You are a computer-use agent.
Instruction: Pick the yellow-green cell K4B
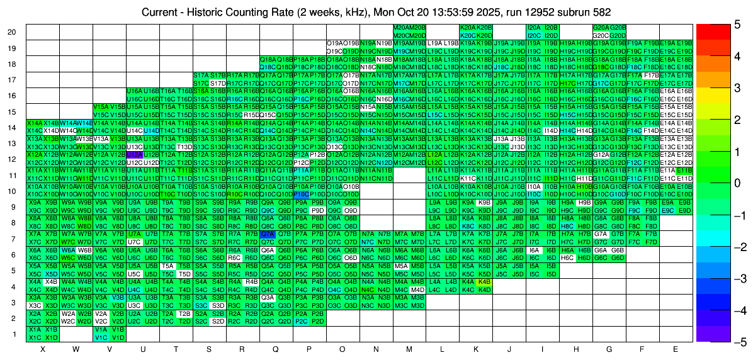click(x=484, y=281)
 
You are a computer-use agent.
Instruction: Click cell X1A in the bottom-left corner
click(x=35, y=329)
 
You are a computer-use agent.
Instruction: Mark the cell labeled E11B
click(x=684, y=171)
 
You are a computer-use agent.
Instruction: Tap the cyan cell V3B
click(x=118, y=298)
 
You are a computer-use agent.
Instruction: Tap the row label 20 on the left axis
click(x=12, y=32)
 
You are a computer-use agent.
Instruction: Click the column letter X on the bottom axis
click(x=43, y=349)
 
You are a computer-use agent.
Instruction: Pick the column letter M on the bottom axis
click(x=409, y=349)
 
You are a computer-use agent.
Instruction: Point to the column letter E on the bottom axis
click(x=676, y=349)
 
